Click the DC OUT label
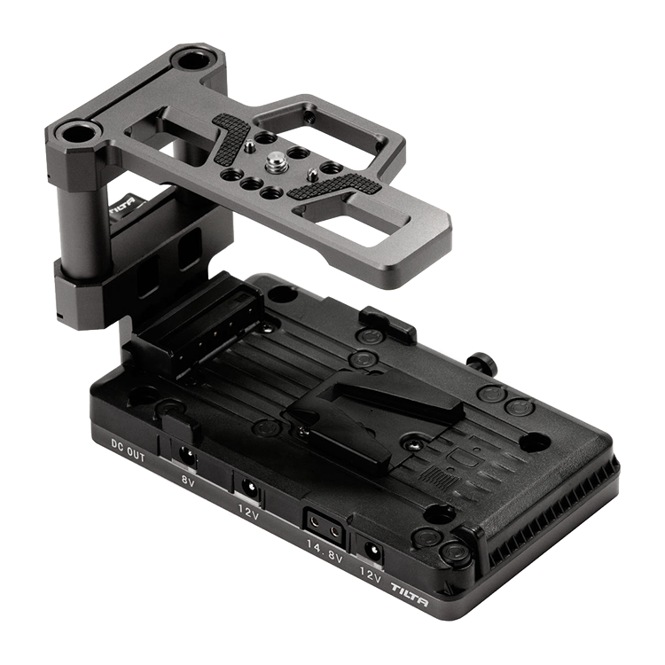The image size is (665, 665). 128,450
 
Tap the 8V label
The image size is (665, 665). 187,481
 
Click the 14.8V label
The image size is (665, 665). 325,552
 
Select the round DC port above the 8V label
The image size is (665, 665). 186,456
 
